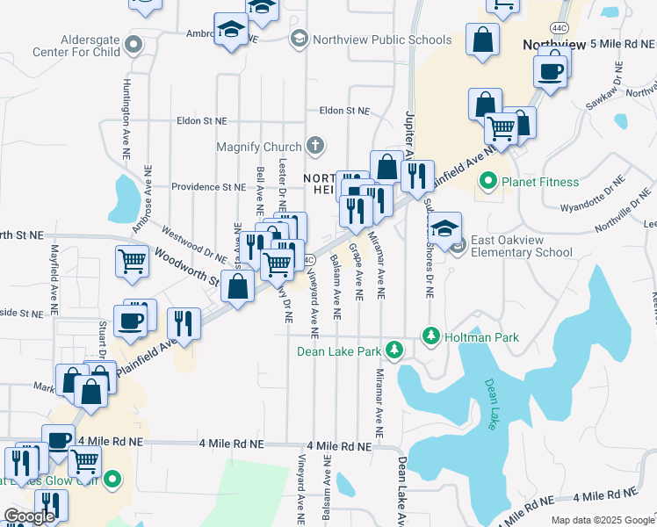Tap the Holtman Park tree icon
pyautogui.click(x=430, y=336)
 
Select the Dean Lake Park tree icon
pyautogui.click(x=395, y=350)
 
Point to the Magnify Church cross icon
pyautogui.click(x=314, y=145)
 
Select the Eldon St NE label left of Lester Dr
pyautogui.click(x=202, y=121)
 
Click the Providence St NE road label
pyautogui.click(x=208, y=187)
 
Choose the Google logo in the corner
pyautogui.click(x=30, y=516)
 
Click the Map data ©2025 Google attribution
pyautogui.click(x=602, y=520)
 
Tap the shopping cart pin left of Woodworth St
pyautogui.click(x=131, y=260)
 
